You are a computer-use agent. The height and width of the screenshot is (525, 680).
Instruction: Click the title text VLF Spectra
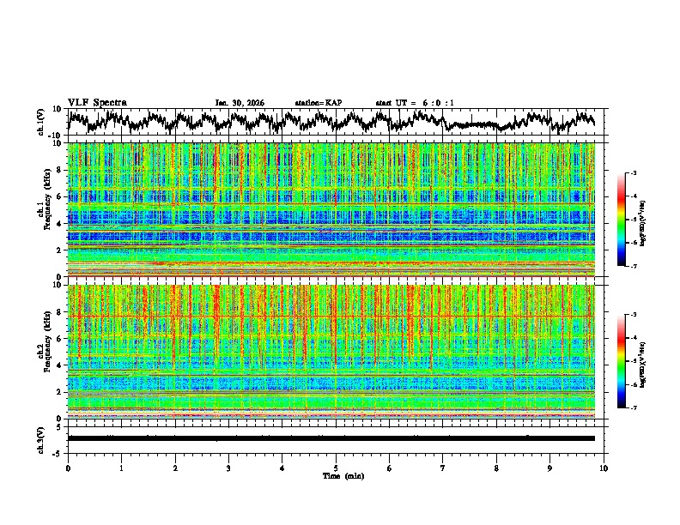pos(97,102)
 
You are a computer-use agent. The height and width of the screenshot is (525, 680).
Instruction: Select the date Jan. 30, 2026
pos(240,103)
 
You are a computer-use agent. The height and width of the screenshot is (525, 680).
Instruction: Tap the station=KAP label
pos(318,103)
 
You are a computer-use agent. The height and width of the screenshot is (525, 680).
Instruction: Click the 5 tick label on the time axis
pos(336,468)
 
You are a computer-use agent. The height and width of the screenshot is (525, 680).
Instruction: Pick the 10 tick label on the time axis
pos(604,468)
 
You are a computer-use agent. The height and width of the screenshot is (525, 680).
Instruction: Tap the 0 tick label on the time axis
pos(68,468)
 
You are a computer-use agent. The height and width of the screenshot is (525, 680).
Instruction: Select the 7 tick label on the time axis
pos(443,468)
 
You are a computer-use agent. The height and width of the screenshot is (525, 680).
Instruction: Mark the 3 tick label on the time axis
pos(228,468)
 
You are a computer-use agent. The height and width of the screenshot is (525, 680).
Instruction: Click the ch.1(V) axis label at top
pos(40,122)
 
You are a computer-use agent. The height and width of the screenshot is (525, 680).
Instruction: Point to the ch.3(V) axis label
pos(40,438)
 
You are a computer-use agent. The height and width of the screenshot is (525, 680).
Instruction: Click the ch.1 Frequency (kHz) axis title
pos(43,210)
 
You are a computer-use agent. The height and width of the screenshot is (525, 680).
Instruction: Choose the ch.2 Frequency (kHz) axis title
pos(43,352)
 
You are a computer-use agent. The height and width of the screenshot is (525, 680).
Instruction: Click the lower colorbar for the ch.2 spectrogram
pos(627,361)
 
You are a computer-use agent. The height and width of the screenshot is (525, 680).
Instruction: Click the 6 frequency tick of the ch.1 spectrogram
pos(59,196)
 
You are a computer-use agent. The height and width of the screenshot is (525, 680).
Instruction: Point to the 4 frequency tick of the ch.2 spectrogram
pos(59,365)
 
